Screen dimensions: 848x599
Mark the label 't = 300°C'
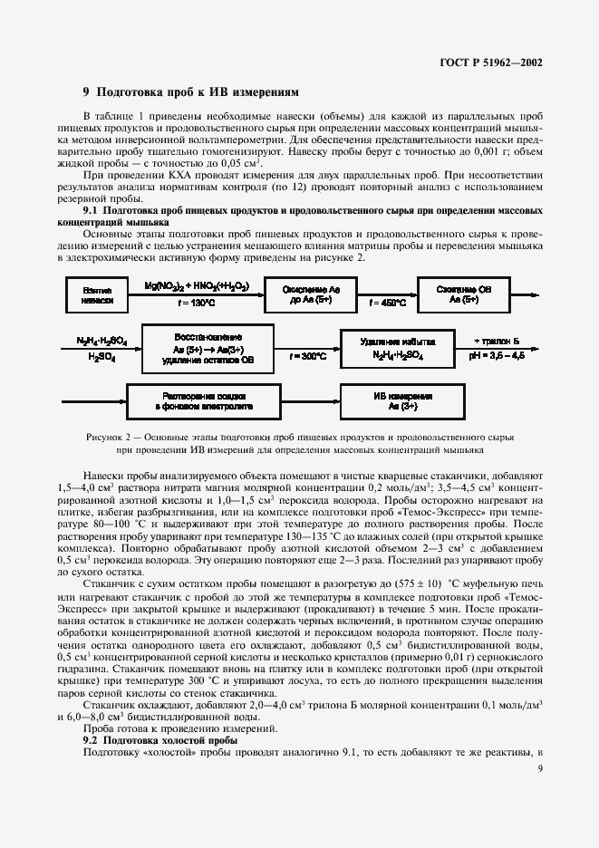coord(308,357)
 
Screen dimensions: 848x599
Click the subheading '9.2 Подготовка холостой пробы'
coord(159,741)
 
